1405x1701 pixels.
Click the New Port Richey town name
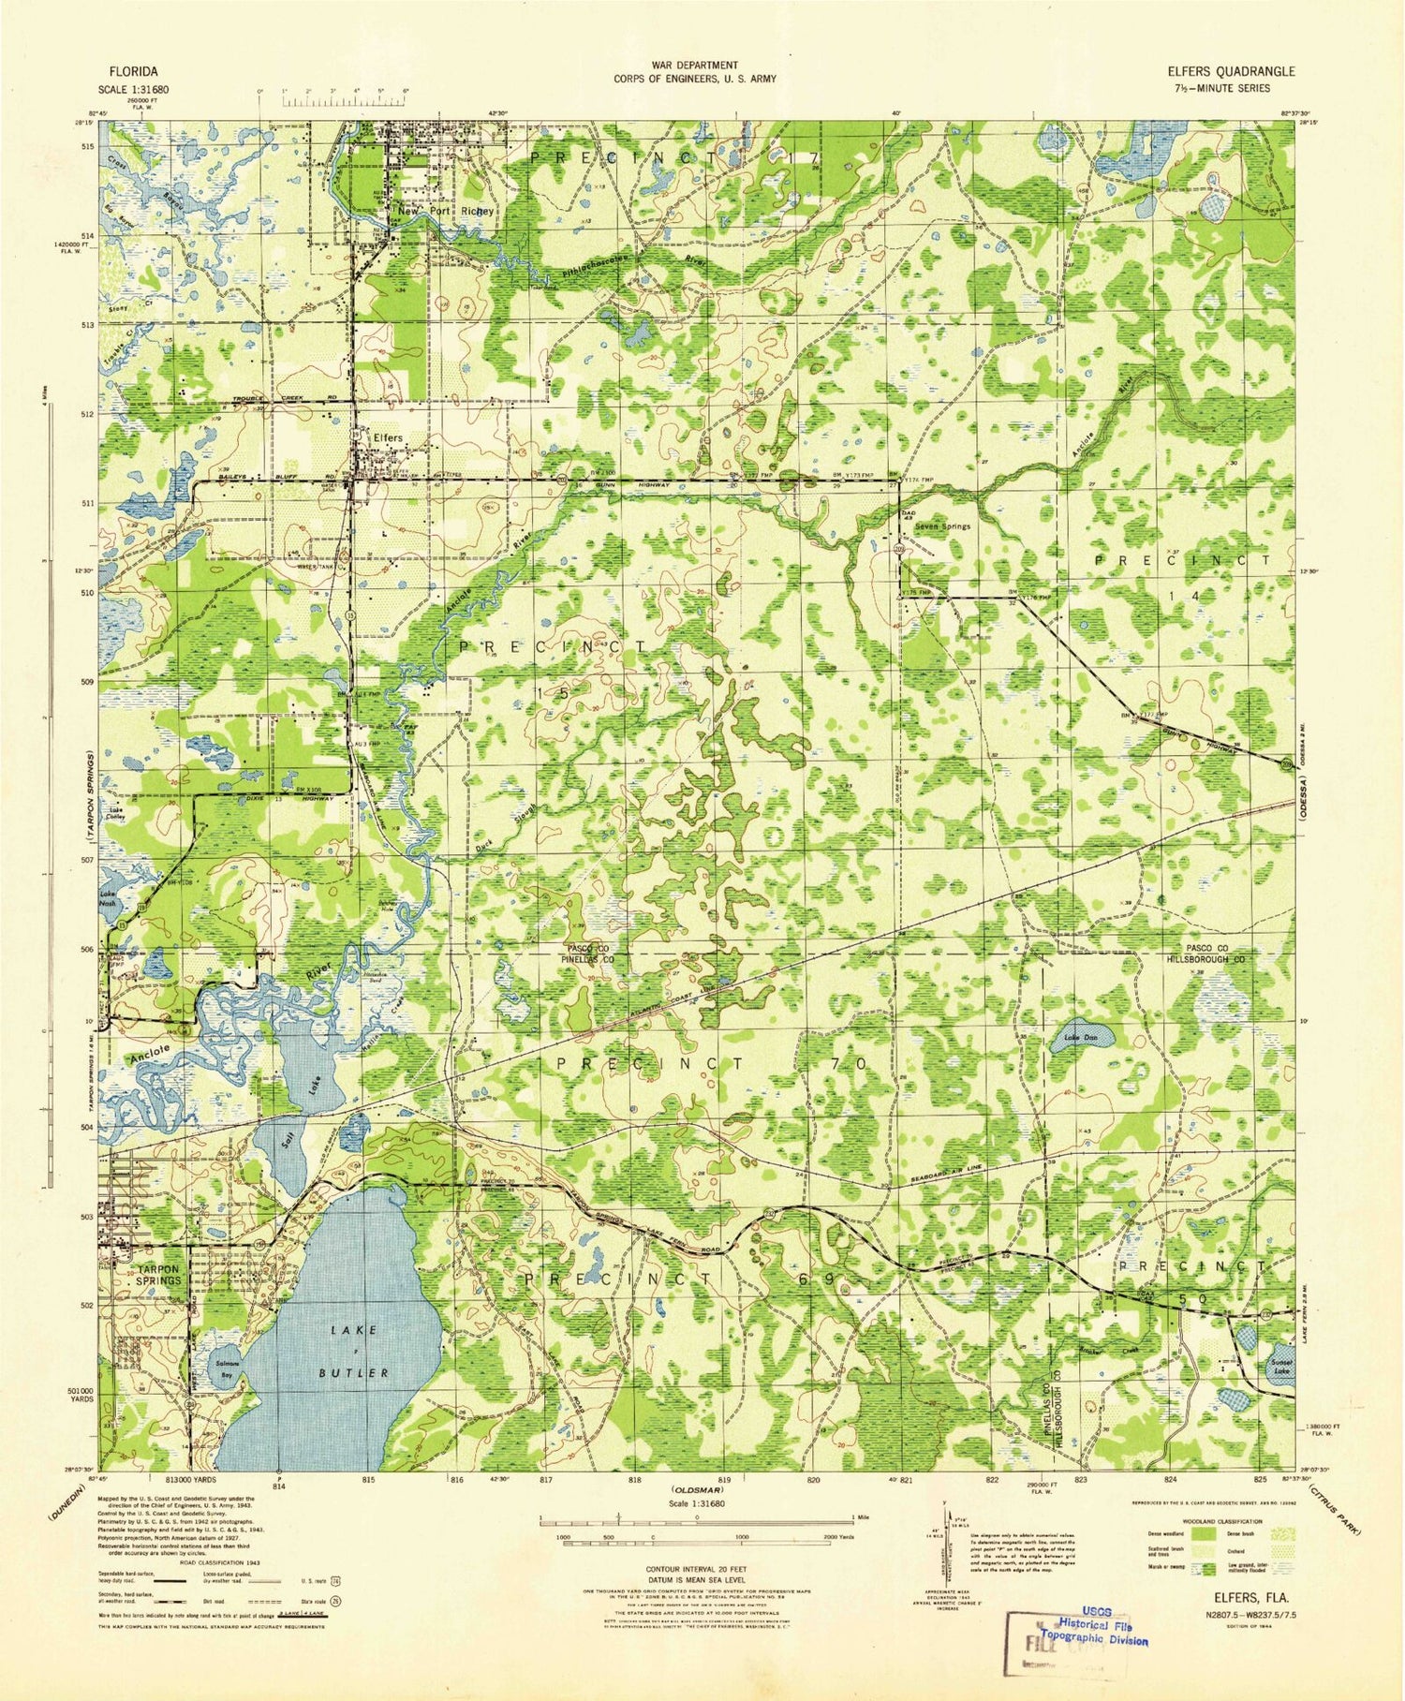[446, 212]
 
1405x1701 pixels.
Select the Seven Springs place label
[943, 526]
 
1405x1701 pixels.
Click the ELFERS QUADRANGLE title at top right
[1231, 71]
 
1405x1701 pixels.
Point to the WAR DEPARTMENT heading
[695, 65]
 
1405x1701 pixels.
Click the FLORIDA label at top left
[133, 71]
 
